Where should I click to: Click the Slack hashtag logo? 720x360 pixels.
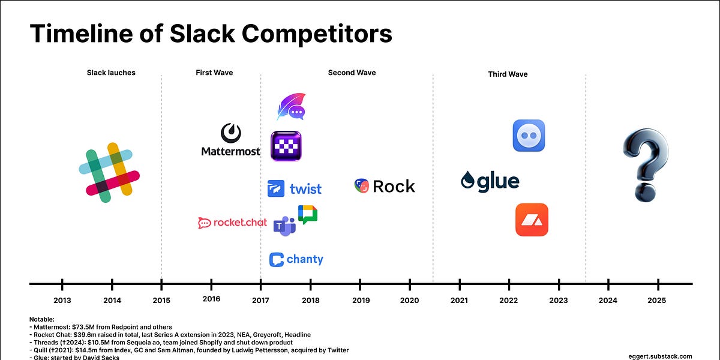coord(109,169)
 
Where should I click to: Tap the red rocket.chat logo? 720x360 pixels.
coord(232,223)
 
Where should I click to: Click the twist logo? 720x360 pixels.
coord(295,188)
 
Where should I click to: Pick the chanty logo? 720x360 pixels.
coord(296,259)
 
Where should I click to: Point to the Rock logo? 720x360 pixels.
coord(385,186)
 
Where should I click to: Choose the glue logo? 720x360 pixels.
coord(490,181)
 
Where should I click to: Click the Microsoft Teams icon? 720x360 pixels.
coord(284,226)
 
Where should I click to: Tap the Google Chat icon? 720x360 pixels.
coord(308,214)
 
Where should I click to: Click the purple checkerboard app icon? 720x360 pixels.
coord(286,146)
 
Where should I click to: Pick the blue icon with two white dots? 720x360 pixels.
coord(529,136)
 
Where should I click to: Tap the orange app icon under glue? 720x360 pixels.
coord(532,220)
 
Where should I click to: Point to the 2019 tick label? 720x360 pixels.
coord(360,300)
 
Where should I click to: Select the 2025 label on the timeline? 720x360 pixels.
coord(658,300)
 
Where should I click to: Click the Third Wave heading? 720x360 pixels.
coord(508,74)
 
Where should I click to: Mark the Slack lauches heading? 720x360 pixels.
coord(111,73)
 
